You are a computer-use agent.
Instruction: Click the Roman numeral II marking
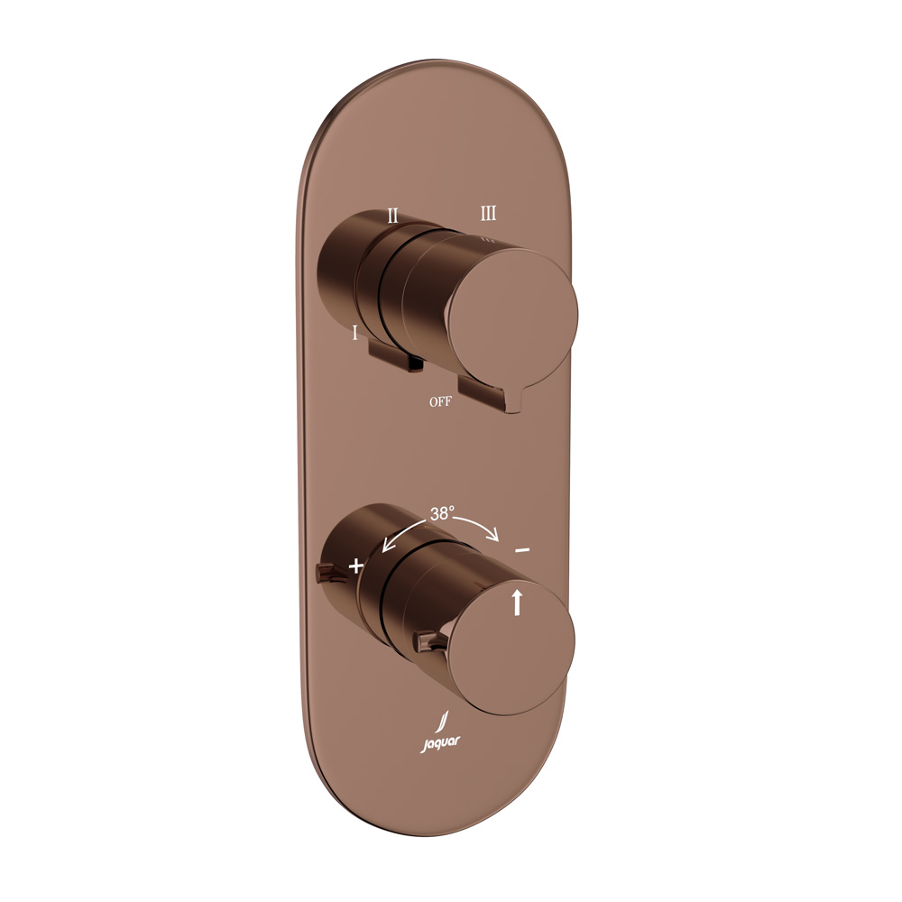pos(392,216)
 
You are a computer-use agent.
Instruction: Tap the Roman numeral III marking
pos(488,214)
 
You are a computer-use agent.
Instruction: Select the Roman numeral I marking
pos(354,332)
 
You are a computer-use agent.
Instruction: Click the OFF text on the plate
pos(441,401)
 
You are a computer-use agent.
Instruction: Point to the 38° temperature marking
pos(442,513)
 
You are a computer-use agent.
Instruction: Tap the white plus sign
pos(356,566)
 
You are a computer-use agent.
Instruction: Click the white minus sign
pos(521,550)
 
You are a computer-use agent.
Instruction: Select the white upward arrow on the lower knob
pos(517,602)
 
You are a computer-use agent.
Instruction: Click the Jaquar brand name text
pos(440,743)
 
